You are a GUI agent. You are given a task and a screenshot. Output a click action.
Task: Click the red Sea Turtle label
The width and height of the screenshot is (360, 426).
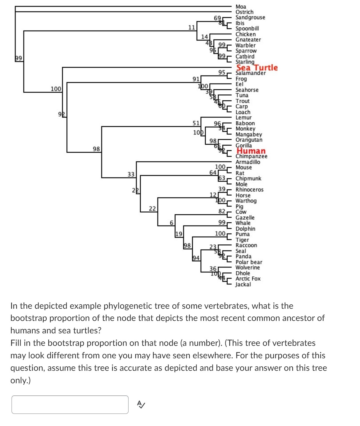(257, 68)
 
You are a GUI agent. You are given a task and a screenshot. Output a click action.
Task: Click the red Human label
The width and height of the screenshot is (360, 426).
(251, 151)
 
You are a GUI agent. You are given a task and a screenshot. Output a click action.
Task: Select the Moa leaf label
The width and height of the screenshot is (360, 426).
(241, 7)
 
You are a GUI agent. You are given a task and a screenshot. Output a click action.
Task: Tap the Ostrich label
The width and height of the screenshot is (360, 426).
(244, 12)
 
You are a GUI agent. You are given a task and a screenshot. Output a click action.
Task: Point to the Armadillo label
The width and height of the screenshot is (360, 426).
(248, 162)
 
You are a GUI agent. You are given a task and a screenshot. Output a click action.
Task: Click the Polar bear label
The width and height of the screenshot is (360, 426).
(249, 262)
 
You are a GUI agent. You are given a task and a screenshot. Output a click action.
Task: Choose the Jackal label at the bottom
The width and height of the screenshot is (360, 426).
(243, 284)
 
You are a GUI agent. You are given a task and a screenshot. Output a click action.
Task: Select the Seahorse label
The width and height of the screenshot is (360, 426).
(247, 90)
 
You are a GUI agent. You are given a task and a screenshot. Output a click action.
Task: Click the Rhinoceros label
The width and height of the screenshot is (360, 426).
(249, 190)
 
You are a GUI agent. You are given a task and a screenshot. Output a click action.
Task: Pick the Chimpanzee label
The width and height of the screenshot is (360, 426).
(251, 156)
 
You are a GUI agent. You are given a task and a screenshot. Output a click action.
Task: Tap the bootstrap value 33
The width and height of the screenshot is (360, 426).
(131, 174)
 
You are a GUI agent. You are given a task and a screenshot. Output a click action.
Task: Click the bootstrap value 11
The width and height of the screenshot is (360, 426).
(192, 27)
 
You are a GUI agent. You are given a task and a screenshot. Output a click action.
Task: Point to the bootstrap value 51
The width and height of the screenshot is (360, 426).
(196, 123)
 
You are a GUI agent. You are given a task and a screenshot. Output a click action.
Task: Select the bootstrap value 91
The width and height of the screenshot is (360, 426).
(196, 79)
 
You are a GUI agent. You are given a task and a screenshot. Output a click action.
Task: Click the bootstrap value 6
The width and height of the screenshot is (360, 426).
(171, 223)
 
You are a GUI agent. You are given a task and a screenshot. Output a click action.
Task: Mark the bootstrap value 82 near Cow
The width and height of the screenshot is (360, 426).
(222, 211)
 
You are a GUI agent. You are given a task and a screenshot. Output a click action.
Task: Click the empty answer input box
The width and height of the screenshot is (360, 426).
(70, 404)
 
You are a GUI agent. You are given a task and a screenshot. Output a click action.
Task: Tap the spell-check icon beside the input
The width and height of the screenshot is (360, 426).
(141, 404)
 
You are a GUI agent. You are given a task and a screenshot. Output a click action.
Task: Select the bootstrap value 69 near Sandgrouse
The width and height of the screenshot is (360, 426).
(217, 18)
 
